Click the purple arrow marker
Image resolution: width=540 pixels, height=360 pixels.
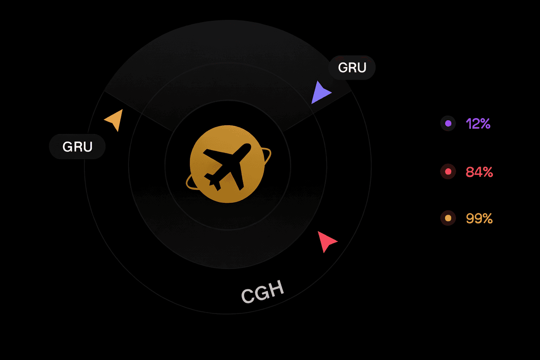pyautogui.click(x=320, y=93)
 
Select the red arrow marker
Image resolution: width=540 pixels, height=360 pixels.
pyautogui.click(x=326, y=241)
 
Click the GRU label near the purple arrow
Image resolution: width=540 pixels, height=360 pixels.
pyautogui.click(x=352, y=67)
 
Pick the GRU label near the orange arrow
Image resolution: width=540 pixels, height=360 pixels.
pyautogui.click(x=77, y=147)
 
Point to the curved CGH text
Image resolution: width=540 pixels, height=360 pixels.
pyautogui.click(x=263, y=292)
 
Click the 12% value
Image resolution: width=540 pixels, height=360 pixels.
pyautogui.click(x=478, y=124)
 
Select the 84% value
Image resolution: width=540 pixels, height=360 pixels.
pyautogui.click(x=479, y=172)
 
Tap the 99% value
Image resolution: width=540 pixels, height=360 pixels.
pyautogui.click(x=479, y=219)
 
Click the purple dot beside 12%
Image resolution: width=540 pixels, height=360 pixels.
pyautogui.click(x=448, y=123)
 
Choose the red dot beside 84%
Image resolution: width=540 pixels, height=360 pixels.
pyautogui.click(x=448, y=172)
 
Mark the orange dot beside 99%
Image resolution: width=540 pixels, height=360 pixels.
pyautogui.click(x=448, y=218)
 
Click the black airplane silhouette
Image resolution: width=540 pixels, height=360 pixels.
pyautogui.click(x=228, y=167)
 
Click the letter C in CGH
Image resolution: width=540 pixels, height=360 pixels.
pyautogui.click(x=248, y=296)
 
